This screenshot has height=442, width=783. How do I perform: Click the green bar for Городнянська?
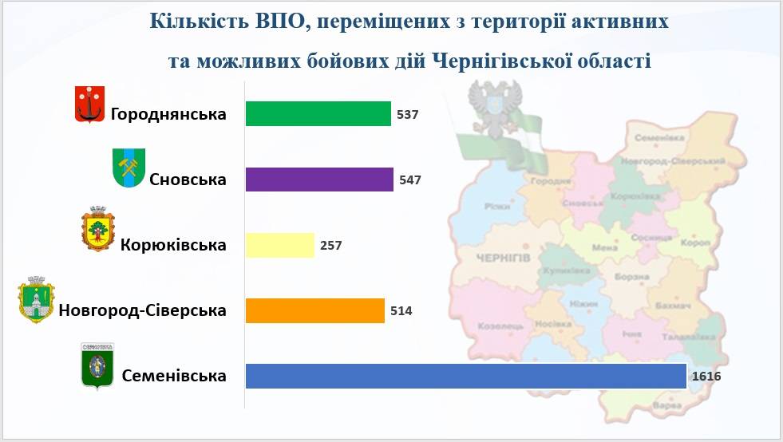pyautogui.click(x=318, y=114)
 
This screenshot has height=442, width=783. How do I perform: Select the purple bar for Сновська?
pyautogui.click(x=319, y=180)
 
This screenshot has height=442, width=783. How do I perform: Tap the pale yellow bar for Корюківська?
pyautogui.click(x=279, y=245)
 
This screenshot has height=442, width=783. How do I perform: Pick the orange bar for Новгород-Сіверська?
pyautogui.click(x=315, y=310)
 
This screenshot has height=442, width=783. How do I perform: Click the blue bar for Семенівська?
pyautogui.click(x=466, y=376)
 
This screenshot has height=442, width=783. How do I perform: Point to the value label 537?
pyautogui.click(x=408, y=115)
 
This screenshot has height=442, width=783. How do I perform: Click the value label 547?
pyautogui.click(x=409, y=180)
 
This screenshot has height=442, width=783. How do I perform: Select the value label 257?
pyautogui.click(x=330, y=246)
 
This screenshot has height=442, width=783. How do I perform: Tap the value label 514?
pyautogui.click(x=401, y=311)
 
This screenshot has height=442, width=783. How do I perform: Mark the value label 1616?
pyautogui.click(x=706, y=376)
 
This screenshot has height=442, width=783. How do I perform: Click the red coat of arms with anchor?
pyautogui.click(x=90, y=105)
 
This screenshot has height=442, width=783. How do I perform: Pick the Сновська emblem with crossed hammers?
pyautogui.click(x=128, y=168)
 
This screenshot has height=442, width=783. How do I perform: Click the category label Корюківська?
pyautogui.click(x=173, y=245)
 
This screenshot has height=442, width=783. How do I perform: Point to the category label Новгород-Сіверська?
pyautogui.click(x=142, y=310)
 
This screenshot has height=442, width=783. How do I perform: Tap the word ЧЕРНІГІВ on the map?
pyautogui.click(x=502, y=257)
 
